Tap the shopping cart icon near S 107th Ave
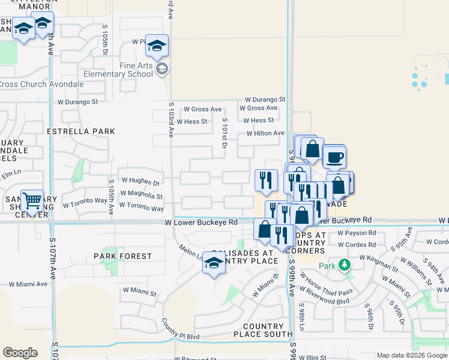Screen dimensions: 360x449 click(x=32, y=201)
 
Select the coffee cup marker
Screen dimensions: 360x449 click(x=334, y=157)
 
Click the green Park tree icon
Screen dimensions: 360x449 click(x=344, y=265)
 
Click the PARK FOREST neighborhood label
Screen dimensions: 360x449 click(x=123, y=256)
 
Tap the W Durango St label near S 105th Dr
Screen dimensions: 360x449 click(x=74, y=102)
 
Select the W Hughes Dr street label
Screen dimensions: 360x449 click(x=140, y=180)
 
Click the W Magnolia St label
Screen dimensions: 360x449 click(x=141, y=195)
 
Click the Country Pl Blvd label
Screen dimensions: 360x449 click(x=179, y=337)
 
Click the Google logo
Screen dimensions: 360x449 click(x=20, y=353)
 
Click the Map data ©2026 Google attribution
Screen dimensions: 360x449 click(x=412, y=355)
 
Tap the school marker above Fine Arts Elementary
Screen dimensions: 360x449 click(x=157, y=46)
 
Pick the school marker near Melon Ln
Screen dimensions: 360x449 click(x=214, y=263)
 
